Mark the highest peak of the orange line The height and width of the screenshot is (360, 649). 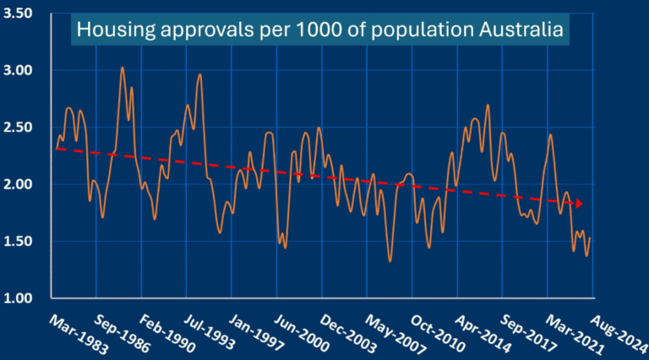tap(123, 68)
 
